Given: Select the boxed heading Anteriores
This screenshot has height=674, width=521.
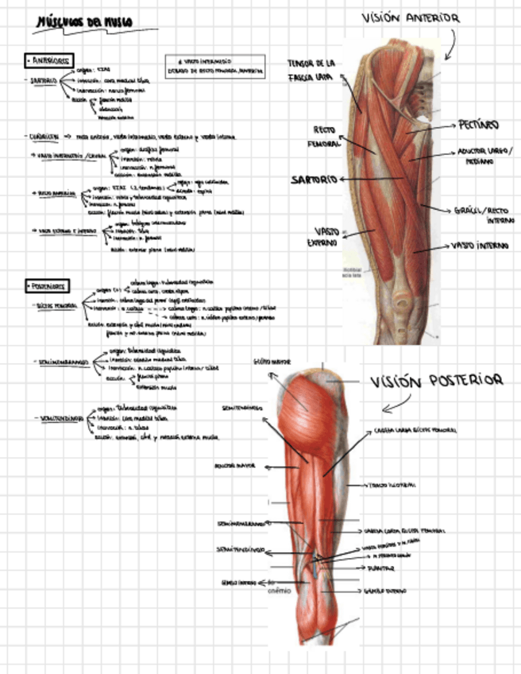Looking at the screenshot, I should pyautogui.click(x=48, y=60).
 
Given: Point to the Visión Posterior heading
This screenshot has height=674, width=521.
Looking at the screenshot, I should pyautogui.click(x=437, y=382).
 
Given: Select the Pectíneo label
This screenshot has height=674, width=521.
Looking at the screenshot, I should pyautogui.click(x=478, y=125).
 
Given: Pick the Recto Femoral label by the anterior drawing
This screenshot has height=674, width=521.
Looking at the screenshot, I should pyautogui.click(x=323, y=134).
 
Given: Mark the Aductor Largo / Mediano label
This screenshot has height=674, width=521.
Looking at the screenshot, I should pyautogui.click(x=485, y=156).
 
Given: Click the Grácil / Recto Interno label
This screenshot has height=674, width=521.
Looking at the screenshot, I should pyautogui.click(x=484, y=215).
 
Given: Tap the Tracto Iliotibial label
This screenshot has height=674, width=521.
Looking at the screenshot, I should pyautogui.click(x=392, y=484).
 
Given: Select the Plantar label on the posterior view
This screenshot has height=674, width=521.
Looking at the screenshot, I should pyautogui.click(x=380, y=569).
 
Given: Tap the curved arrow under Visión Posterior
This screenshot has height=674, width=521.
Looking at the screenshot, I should pyautogui.click(x=396, y=406).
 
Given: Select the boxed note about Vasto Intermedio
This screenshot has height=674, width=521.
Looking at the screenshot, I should pyautogui.click(x=216, y=66).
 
